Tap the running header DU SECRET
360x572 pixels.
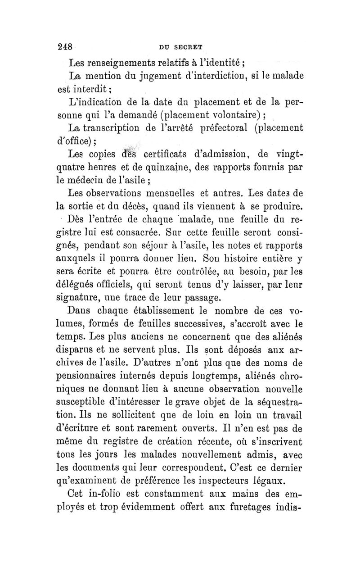[x=180, y=46]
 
